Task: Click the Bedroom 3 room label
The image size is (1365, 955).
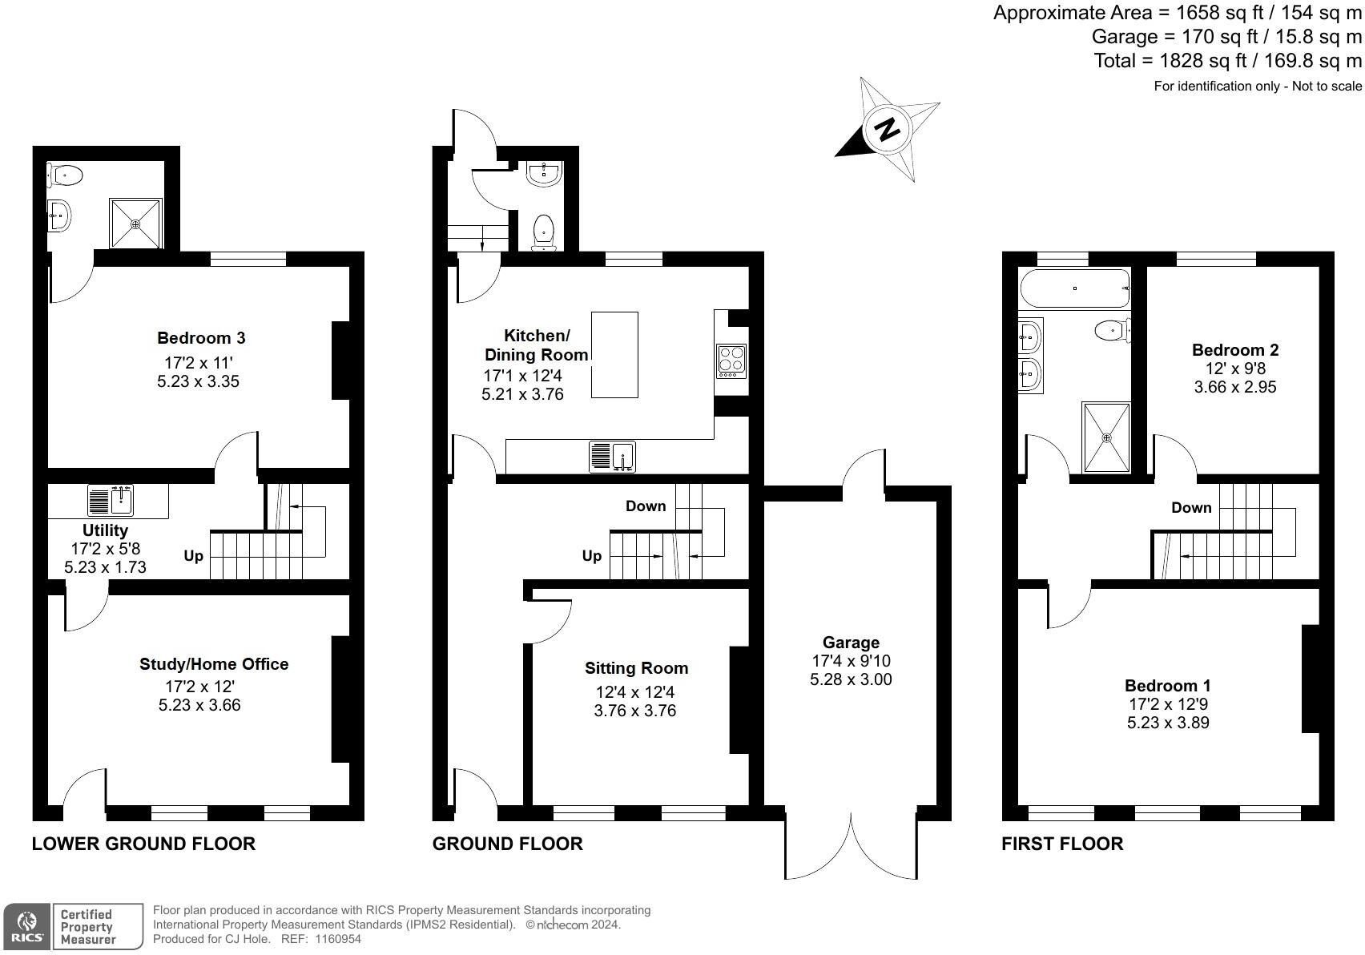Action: click(x=201, y=337)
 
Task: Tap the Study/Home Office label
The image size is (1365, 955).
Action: click(x=214, y=663)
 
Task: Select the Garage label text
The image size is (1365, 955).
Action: click(x=851, y=643)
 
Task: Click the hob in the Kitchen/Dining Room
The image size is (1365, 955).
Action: click(x=731, y=361)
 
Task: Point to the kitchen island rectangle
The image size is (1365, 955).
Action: click(x=614, y=355)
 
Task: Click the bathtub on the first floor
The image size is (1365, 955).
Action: click(x=1075, y=288)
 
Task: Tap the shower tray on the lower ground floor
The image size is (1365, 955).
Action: click(x=135, y=223)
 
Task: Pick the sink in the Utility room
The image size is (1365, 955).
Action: click(x=111, y=501)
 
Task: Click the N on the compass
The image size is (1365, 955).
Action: click(x=888, y=129)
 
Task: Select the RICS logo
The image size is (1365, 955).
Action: click(x=26, y=926)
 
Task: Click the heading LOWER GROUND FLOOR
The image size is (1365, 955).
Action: click(x=144, y=844)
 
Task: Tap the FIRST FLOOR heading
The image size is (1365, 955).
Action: click(x=1062, y=844)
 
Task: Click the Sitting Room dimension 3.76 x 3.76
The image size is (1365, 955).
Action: click(x=635, y=711)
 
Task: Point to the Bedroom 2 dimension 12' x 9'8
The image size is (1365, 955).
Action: click(x=1235, y=369)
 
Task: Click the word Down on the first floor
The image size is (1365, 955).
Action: click(x=1191, y=508)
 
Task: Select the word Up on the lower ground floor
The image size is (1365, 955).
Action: click(x=193, y=557)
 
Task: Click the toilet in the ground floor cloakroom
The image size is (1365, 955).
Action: click(x=543, y=233)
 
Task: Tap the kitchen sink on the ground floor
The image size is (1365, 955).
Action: click(x=613, y=457)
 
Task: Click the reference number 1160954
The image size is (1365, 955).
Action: click(x=337, y=939)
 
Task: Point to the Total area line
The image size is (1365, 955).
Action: click(x=1227, y=61)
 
